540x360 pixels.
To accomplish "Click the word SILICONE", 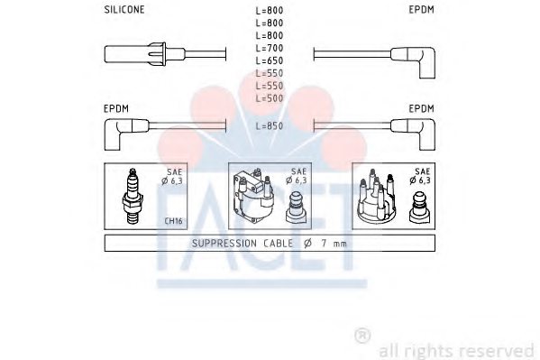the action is (124, 10).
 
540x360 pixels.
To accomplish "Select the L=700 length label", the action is (270, 48).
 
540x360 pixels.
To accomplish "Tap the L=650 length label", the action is (270, 60).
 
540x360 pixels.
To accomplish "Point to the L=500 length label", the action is (270, 98).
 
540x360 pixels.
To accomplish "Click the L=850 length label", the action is (270, 126).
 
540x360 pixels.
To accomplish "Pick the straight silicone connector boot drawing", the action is (144, 54).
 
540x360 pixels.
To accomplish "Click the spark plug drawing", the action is (133, 196).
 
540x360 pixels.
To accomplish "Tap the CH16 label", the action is (173, 221).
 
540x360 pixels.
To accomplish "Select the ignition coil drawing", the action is (253, 196).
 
